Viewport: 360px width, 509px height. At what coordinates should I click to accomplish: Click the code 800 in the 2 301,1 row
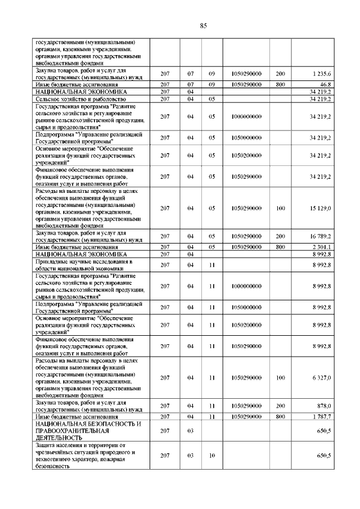click(x=281, y=246)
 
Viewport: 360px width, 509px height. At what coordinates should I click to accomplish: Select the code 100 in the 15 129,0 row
click(x=281, y=208)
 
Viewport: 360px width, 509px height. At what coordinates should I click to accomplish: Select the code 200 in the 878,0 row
click(x=281, y=406)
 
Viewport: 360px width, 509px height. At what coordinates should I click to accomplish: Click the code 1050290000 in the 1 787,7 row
click(x=246, y=416)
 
